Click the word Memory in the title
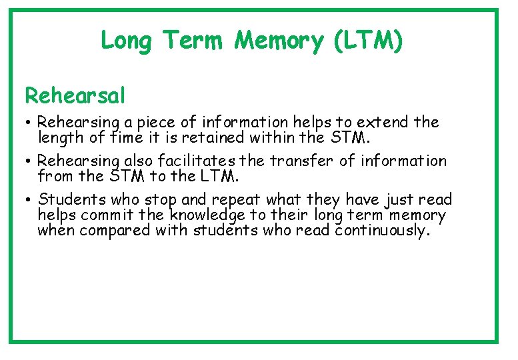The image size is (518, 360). pyautogui.click(x=277, y=41)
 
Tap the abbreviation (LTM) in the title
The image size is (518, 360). pyautogui.click(x=366, y=41)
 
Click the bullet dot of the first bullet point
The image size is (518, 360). pyautogui.click(x=31, y=124)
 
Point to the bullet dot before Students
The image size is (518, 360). pyautogui.click(x=31, y=201)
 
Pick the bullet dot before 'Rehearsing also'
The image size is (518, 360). pyautogui.click(x=31, y=162)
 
